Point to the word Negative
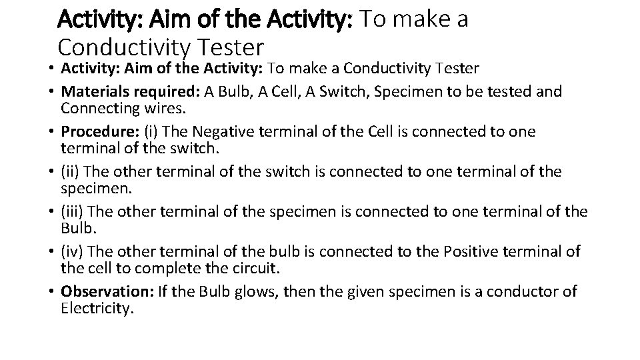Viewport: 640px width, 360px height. [211, 132]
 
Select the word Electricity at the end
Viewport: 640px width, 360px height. [96, 309]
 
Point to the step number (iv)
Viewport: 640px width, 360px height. [71, 252]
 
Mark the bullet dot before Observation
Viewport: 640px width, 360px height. [51, 293]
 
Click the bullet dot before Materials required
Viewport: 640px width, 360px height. [51, 92]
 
